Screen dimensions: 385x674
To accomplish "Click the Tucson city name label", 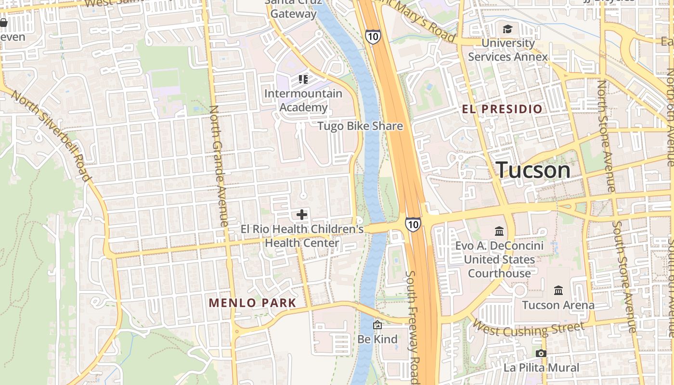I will (533, 170).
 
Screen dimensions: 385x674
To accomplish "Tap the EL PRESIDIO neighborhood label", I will (502, 109).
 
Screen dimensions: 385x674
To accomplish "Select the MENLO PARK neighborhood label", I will (252, 303).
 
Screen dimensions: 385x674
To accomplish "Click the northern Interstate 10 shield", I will (373, 37).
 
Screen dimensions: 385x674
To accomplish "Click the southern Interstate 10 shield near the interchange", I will (413, 224).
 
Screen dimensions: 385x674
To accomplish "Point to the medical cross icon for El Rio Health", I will (302, 214).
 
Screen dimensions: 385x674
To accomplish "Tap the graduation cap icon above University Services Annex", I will (507, 29).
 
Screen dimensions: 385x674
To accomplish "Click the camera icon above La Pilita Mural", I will (541, 354).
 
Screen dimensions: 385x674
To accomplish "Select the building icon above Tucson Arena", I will (558, 291).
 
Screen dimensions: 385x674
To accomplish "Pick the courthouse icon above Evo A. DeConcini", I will (499, 231).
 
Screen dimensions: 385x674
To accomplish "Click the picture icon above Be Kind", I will (377, 325).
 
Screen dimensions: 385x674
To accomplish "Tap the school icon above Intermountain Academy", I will (303, 79).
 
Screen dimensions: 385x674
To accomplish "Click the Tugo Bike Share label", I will (360, 126).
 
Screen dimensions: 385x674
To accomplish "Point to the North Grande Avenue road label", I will (219, 166).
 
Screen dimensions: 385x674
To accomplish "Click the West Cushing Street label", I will (528, 329).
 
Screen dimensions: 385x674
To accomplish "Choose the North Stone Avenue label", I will (606, 136).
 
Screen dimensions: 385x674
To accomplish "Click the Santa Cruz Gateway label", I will (293, 9).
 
